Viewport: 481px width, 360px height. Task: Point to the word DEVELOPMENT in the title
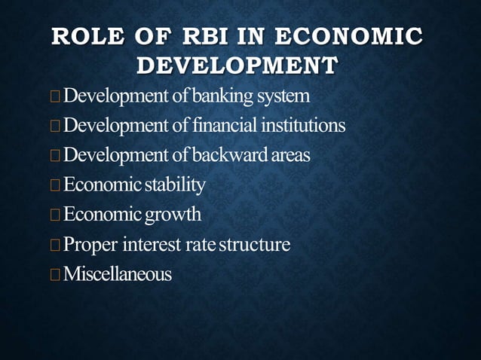click(x=236, y=66)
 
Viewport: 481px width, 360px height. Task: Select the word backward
click(x=227, y=155)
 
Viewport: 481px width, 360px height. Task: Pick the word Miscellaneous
click(x=118, y=274)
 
